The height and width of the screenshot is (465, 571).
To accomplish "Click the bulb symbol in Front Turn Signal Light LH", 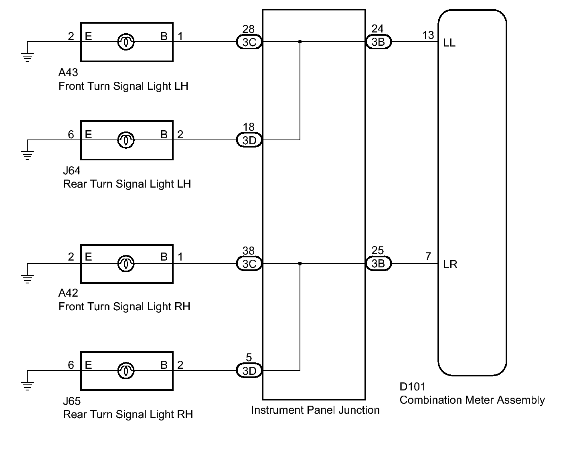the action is click(x=126, y=42).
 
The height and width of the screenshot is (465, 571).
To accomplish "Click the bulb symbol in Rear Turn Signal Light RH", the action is click(x=126, y=370).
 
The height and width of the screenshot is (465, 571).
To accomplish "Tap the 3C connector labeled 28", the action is click(x=249, y=42).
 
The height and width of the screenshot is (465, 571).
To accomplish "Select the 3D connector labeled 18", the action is click(x=249, y=140).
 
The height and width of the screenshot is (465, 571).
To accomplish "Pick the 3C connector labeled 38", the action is click(x=249, y=263).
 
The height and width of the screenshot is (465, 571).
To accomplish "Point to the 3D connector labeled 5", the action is click(x=249, y=370).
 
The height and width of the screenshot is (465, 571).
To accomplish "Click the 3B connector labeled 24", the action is click(x=378, y=42).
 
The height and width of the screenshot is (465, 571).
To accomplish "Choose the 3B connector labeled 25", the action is click(x=378, y=263).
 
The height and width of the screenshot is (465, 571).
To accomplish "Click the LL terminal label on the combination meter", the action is click(x=449, y=43).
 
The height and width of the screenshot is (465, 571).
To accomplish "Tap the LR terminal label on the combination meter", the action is click(x=450, y=265).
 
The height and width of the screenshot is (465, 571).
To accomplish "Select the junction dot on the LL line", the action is click(x=300, y=42).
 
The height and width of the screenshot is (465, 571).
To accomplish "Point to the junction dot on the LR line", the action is click(x=300, y=263).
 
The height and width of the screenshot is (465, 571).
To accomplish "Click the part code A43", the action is click(x=68, y=73).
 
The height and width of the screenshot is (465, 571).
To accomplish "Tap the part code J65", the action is click(x=72, y=401).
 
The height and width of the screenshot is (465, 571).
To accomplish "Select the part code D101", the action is click(x=412, y=386).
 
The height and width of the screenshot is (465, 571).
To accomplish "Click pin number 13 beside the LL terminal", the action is click(x=428, y=35).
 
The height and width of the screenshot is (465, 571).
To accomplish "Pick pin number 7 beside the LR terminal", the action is click(x=428, y=257).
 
